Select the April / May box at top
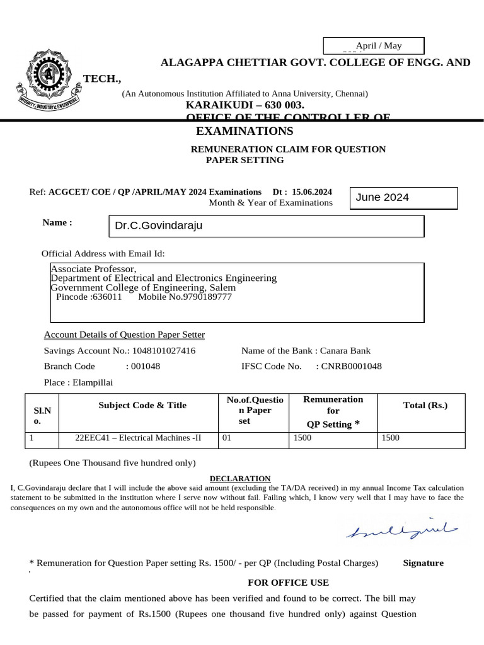click(x=374, y=45)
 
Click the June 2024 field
click(x=403, y=198)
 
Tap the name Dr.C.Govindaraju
click(x=158, y=225)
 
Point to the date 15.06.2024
click(x=312, y=191)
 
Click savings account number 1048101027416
click(x=163, y=351)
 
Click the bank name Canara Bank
click(x=345, y=351)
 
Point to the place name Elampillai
click(x=93, y=382)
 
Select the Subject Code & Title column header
click(x=142, y=405)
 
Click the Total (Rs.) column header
click(x=425, y=405)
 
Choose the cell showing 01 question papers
click(x=228, y=438)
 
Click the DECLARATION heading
click(x=239, y=479)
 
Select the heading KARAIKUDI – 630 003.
click(x=245, y=105)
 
